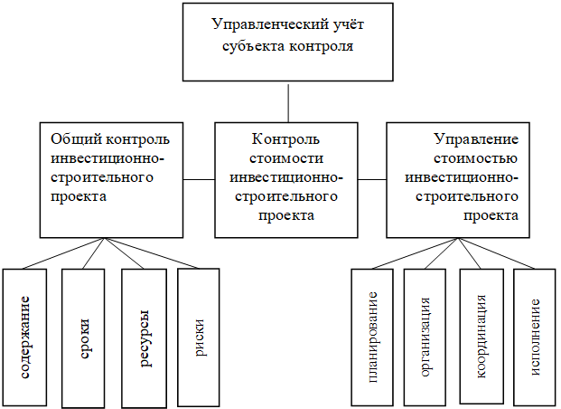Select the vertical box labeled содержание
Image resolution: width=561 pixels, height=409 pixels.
[24, 337]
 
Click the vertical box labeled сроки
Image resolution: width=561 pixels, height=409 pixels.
[83, 338]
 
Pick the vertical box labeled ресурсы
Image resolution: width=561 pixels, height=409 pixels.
[144, 338]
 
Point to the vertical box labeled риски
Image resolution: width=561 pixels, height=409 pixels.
[199, 338]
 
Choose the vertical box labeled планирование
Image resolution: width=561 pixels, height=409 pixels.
[372, 337]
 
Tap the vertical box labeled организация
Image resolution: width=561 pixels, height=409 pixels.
[425, 338]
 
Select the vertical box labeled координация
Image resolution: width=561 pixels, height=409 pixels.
[482, 337]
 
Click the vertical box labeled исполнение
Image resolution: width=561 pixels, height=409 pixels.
[535, 337]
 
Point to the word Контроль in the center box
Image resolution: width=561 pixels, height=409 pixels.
[285, 139]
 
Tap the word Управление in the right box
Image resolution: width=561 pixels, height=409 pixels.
[476, 139]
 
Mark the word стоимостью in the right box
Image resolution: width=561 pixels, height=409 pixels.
[475, 158]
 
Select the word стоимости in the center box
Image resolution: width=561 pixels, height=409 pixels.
[286, 158]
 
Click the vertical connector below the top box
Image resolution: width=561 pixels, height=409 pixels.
[288, 103]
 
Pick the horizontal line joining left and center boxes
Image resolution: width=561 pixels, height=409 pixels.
[199, 179]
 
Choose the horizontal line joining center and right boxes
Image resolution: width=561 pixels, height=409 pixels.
[372, 179]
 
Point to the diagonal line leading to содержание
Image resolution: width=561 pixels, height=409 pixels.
[63, 253]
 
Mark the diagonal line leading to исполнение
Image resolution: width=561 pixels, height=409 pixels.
[496, 253]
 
